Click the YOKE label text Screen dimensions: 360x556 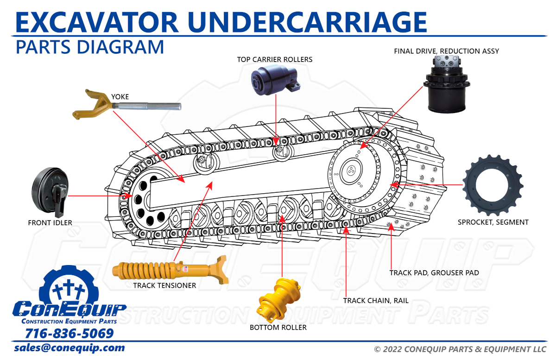coord(120,97)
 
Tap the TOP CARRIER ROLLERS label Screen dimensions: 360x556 coord(275,59)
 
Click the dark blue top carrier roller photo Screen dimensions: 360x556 coord(275,81)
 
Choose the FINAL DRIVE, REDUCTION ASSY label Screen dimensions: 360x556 coord(446,51)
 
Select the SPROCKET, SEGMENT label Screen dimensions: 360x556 coord(493,222)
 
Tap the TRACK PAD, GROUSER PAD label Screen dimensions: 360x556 coord(434,273)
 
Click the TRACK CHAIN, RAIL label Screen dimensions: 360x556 coord(376,301)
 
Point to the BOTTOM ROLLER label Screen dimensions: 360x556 coord(278,328)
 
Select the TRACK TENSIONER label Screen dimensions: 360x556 coord(164,285)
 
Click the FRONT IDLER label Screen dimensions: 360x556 coord(50,223)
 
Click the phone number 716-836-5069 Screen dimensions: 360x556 coord(69,334)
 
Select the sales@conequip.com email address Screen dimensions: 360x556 coord(69,347)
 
